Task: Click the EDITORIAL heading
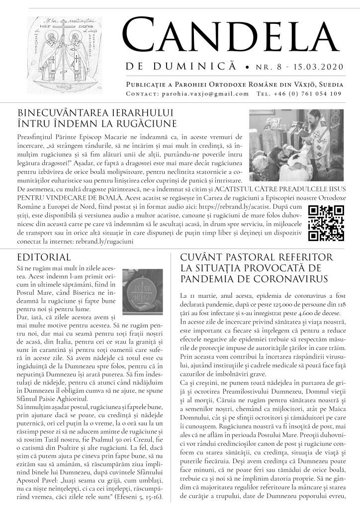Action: point(44,257)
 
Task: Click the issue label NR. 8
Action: point(269,66)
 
